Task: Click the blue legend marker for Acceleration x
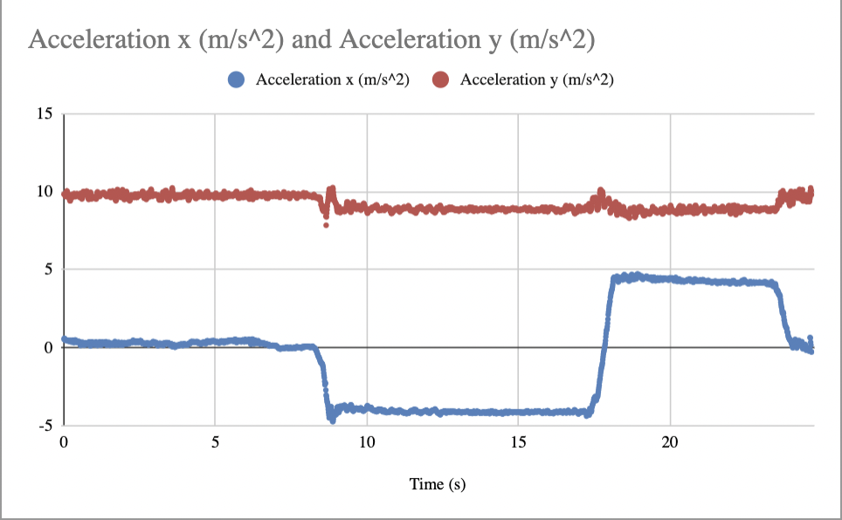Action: tap(236, 79)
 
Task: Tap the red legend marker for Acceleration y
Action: tap(441, 79)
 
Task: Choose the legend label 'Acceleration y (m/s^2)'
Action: tap(536, 79)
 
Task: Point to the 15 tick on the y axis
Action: tap(45, 114)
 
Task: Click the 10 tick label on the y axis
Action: tap(45, 192)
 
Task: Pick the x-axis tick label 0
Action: tap(64, 442)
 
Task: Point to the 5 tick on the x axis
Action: tap(215, 442)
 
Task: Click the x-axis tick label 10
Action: tap(367, 442)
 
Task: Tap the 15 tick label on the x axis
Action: tap(518, 442)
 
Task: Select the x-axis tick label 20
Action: tap(670, 442)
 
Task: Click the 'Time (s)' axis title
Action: tap(438, 484)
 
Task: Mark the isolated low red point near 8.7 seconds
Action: tap(326, 225)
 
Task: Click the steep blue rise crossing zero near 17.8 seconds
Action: tap(604, 347)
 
